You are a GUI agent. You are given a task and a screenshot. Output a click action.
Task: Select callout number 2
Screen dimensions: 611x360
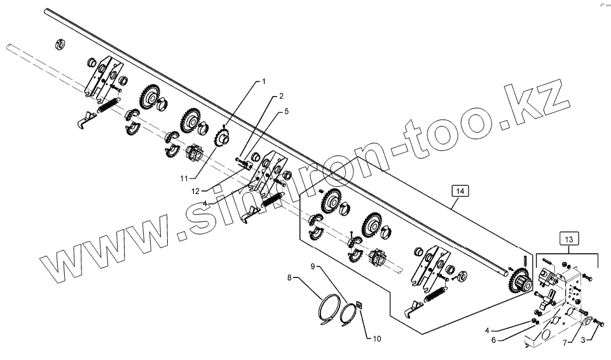(281, 97)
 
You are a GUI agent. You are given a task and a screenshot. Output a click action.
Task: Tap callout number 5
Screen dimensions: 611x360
(287, 111)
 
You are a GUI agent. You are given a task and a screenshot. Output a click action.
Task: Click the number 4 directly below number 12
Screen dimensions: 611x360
(205, 203)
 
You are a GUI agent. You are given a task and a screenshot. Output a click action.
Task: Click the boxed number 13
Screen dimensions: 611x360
(568, 239)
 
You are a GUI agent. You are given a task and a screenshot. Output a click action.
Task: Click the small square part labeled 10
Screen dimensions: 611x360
(359, 303)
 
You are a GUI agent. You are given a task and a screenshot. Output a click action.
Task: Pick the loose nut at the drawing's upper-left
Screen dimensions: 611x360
(61, 45)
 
